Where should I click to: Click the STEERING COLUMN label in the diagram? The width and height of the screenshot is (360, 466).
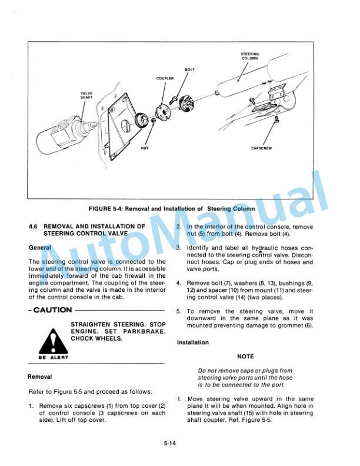tap(250, 56)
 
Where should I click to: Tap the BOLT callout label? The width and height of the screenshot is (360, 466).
tap(190, 70)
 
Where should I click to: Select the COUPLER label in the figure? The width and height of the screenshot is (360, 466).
tap(165, 78)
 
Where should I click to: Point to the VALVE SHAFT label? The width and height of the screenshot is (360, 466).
tap(86, 95)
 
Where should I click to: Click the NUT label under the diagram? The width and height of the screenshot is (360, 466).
tap(145, 148)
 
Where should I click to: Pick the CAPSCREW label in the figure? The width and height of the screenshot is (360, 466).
tap(261, 148)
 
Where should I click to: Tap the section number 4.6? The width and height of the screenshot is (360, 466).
tap(34, 226)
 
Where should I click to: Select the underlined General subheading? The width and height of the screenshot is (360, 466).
tap(40, 248)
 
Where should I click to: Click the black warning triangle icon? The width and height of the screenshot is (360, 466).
tap(52, 341)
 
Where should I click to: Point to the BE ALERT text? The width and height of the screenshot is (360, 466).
tap(53, 357)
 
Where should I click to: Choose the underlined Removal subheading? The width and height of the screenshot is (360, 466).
tap(40, 377)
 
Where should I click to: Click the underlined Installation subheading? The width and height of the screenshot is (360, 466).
tap(193, 342)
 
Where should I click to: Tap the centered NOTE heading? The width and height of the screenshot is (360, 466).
tap(245, 357)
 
